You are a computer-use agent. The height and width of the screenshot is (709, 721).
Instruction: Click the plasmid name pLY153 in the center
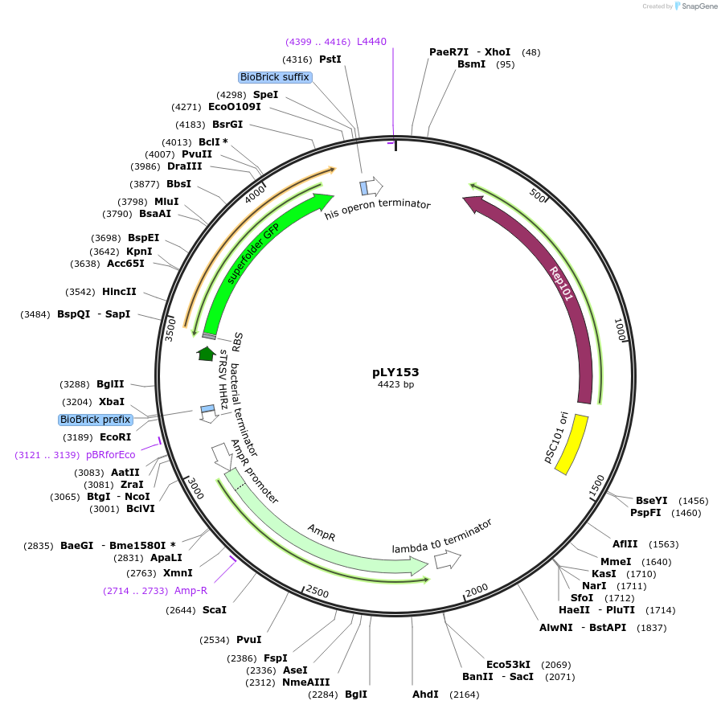(x=395, y=372)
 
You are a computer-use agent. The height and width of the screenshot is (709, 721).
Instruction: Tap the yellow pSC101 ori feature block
(x=571, y=445)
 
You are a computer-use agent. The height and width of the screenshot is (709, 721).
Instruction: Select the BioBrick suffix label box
(x=274, y=77)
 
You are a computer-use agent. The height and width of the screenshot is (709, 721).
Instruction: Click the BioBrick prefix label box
(x=95, y=420)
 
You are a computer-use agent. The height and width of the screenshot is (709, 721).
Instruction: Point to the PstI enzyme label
(x=330, y=59)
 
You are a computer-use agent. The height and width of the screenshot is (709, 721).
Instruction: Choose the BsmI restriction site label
(x=471, y=64)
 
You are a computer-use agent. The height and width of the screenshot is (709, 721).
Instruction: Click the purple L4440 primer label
(x=372, y=42)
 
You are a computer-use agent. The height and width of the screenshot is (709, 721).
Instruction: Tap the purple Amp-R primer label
(x=191, y=591)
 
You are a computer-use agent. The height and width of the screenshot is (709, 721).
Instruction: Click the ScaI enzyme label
(x=215, y=610)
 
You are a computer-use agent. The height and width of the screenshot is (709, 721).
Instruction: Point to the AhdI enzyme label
(x=425, y=694)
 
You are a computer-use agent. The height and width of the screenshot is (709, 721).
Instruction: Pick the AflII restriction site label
(x=625, y=543)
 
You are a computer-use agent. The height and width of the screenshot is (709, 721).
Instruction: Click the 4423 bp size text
(x=395, y=385)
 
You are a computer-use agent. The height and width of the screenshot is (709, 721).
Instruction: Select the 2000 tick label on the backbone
(x=477, y=589)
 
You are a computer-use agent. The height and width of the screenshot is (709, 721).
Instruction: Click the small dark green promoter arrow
(x=207, y=353)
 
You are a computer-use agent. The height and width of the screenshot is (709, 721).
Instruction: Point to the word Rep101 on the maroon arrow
(x=562, y=284)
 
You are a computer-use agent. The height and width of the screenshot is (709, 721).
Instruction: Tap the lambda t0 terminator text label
(x=441, y=536)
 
